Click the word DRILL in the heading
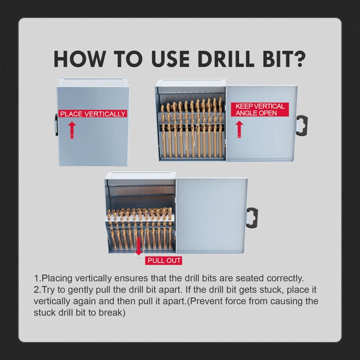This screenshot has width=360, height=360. pos(226,59)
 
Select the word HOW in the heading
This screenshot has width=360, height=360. pos(79,59)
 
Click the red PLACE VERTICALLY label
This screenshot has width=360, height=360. pos(93,114)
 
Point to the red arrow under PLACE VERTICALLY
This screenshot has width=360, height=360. pos(72,130)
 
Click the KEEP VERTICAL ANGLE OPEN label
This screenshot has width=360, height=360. pos(260,109)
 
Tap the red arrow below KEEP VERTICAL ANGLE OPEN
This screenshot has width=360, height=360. pos(239,129)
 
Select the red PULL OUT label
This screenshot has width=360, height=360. pos(164,261)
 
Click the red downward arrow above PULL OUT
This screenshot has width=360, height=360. pos(139,246)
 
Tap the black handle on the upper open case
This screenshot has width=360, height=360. pos(302,126)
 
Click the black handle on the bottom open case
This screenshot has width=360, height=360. pos(252,218)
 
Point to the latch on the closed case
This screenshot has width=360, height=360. pos(56,126)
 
